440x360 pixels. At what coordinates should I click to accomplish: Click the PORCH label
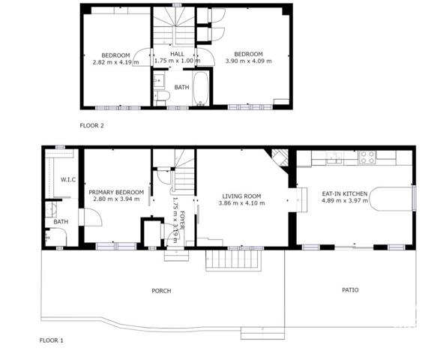[x=161, y=291]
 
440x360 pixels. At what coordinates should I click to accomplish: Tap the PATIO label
[x=350, y=289]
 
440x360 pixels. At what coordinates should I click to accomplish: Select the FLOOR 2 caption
[x=91, y=125]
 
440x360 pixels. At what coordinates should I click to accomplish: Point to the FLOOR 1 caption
[x=52, y=340]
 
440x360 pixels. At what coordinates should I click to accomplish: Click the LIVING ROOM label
[x=241, y=196]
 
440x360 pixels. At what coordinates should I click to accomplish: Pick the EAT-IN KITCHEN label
[x=345, y=193]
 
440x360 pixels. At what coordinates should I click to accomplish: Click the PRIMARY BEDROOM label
[x=116, y=192]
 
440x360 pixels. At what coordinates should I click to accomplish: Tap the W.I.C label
[x=68, y=179]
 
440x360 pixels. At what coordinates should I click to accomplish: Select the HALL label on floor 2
[x=178, y=54]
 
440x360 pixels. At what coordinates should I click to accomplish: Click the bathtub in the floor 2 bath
[x=200, y=88]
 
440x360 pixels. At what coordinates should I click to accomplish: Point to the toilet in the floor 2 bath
[x=162, y=95]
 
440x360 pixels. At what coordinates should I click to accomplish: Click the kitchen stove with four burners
[x=367, y=157]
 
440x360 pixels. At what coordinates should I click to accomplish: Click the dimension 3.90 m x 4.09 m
[x=249, y=61]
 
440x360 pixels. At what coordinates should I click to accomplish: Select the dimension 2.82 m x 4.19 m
[x=116, y=62]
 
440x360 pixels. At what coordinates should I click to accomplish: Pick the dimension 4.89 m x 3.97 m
[x=345, y=200]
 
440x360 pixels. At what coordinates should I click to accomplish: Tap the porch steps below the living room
[x=233, y=260]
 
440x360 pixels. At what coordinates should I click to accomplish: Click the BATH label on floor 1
[x=61, y=221]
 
